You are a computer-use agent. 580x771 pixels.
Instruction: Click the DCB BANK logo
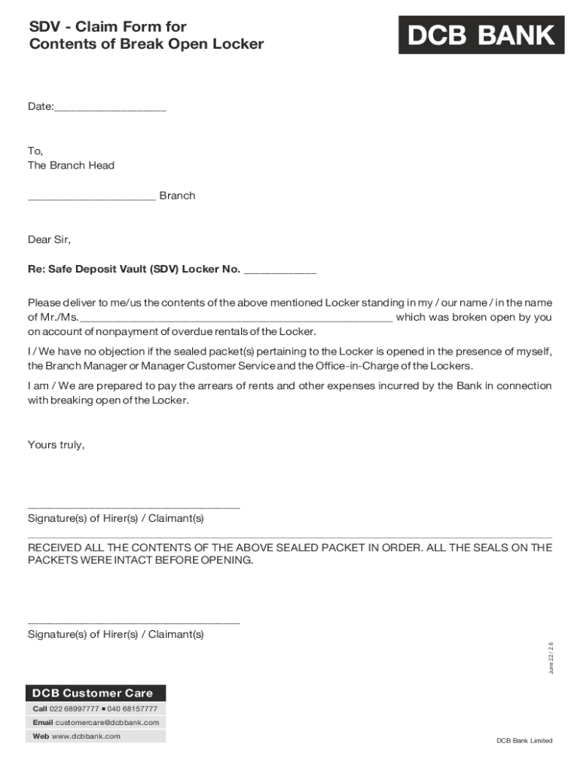(481, 35)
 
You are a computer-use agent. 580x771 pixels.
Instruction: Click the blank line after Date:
(110, 110)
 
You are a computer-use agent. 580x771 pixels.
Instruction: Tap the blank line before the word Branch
(91, 200)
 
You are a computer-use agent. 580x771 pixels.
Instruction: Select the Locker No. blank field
(280, 273)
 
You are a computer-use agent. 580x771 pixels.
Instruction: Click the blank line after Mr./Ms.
(235, 321)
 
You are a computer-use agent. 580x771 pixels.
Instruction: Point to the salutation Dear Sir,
(49, 239)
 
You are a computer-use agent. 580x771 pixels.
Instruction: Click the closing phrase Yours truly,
(56, 445)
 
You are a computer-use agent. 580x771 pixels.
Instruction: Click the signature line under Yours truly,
(133, 507)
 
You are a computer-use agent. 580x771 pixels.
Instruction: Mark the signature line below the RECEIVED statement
(133, 623)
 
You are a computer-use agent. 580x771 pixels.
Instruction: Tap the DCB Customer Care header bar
(96, 693)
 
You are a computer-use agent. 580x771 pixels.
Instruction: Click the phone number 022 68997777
(74, 709)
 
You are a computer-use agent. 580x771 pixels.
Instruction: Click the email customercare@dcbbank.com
(107, 723)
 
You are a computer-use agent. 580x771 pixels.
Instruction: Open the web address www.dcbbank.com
(86, 736)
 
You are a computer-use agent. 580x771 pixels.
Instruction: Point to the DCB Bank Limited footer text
(524, 741)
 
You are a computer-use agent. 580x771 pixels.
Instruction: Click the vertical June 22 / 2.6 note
(551, 658)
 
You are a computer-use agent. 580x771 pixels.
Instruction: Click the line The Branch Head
(71, 166)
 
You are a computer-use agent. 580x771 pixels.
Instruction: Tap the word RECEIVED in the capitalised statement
(53, 548)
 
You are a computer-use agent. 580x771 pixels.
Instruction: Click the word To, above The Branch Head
(35, 151)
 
